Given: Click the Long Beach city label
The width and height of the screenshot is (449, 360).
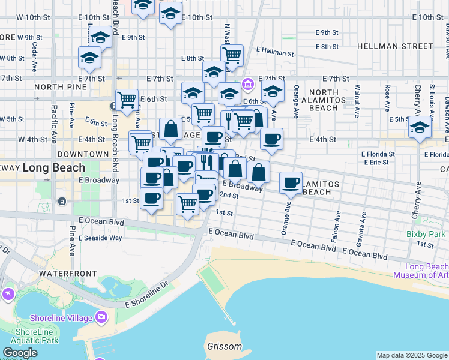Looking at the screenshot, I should pos(53,167).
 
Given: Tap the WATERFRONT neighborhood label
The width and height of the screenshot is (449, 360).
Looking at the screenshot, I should pos(68,274).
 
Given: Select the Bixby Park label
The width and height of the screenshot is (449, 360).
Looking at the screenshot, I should pos(425,233).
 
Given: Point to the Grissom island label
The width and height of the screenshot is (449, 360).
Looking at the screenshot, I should pos(224,347).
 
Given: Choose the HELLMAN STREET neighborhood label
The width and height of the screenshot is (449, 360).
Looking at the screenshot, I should pos(394,46).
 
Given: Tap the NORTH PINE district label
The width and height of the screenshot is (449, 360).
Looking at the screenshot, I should pos(57,87).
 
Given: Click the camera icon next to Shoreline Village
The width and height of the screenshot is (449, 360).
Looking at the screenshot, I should pos(101,317).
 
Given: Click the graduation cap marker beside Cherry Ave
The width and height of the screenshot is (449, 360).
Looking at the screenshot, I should pos(420,127).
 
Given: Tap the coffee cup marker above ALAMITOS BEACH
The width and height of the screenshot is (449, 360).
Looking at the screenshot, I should pos(291,182).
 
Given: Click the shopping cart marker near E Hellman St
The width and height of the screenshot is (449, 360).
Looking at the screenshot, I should pos(232,55).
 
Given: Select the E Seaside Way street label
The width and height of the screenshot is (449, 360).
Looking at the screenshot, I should pos(100,238).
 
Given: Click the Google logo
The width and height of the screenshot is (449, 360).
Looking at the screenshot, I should pos(19,353).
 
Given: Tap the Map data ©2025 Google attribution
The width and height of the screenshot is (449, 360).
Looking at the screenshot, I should pos(412,355).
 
